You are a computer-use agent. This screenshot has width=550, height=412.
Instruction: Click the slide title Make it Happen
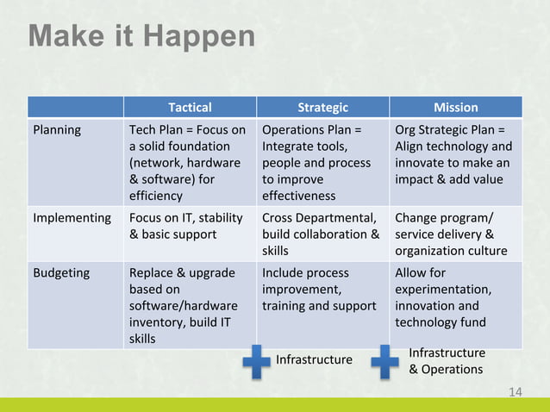[x=142, y=37]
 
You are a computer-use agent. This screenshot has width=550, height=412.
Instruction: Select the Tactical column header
[x=190, y=108]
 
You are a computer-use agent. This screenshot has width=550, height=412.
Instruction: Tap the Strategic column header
[x=322, y=108]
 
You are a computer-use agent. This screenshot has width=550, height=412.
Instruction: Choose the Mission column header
[x=456, y=108]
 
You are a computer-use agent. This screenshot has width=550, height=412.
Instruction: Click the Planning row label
[x=57, y=130]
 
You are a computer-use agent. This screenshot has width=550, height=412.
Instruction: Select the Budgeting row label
[x=61, y=273]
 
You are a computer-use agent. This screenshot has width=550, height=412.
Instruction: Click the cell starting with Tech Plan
[x=187, y=163]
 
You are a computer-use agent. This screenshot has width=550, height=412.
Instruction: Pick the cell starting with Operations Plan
[x=319, y=163]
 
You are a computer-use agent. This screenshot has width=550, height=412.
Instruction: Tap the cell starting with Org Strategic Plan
[x=453, y=155]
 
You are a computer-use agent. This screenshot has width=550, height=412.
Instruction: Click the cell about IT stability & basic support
[x=186, y=226]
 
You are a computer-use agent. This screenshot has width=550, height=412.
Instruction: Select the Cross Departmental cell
[x=320, y=234]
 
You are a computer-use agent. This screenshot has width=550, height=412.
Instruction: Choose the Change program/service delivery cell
[x=453, y=234]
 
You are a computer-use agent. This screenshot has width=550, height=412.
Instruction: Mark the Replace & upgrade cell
[x=182, y=305]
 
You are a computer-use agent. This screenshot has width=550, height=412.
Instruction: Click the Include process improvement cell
[x=319, y=290]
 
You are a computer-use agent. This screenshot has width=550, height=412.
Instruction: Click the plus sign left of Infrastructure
[x=255, y=361]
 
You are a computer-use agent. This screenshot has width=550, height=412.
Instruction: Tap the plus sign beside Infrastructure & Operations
[x=384, y=361]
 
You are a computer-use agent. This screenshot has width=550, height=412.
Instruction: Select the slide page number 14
[x=516, y=392]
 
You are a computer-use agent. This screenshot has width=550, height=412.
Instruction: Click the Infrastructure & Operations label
[x=446, y=361]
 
